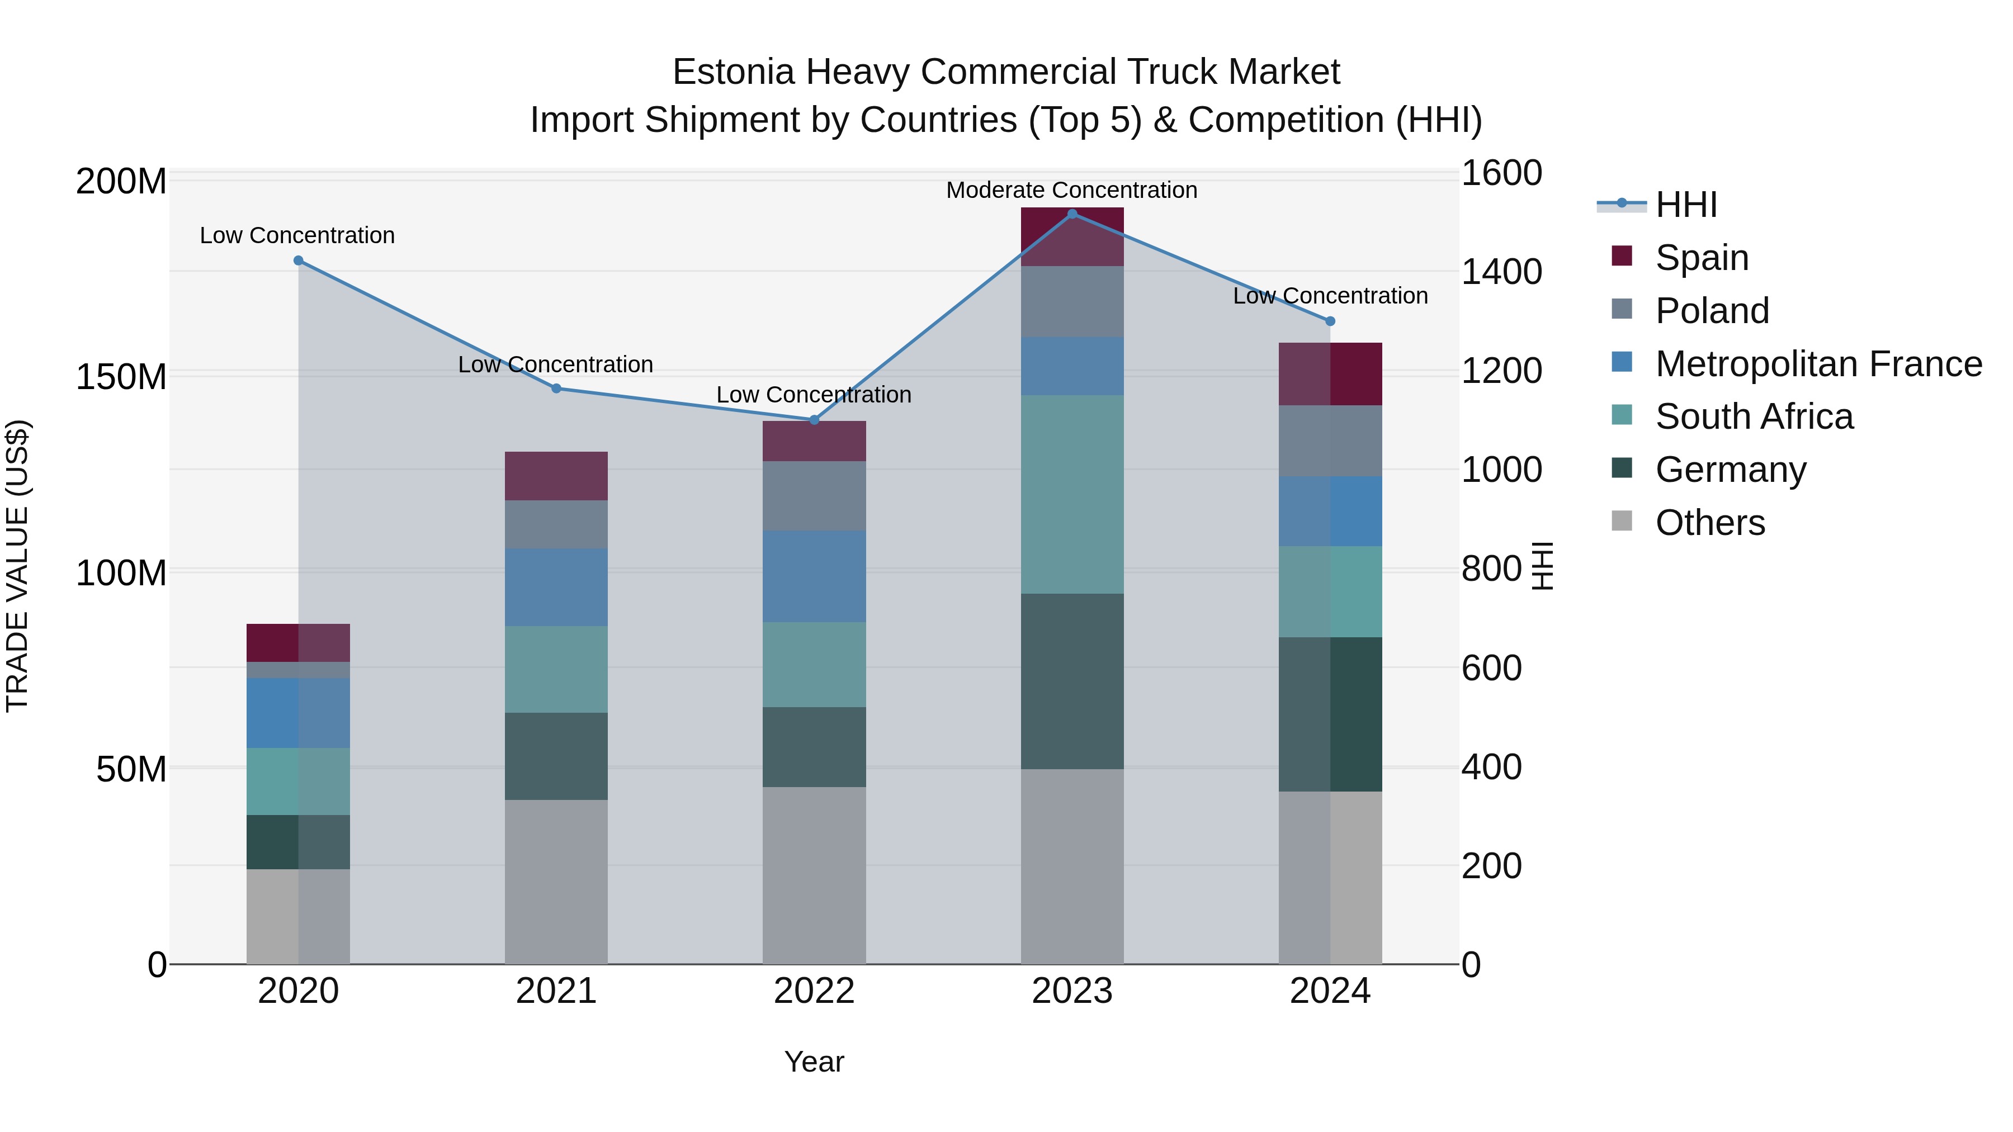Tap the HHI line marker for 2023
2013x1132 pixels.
1072,214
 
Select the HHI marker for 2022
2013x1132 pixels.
814,420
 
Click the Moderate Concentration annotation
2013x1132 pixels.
1071,191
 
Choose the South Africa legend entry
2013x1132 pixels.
1754,416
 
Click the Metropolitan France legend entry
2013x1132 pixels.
1818,364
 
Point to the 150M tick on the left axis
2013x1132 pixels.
121,377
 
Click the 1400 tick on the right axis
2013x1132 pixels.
1501,272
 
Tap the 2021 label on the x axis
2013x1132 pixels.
556,991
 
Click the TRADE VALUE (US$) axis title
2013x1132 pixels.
17,566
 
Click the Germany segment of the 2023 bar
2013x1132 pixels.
1072,681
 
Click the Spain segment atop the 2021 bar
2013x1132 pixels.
556,476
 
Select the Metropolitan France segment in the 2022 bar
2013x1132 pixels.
814,576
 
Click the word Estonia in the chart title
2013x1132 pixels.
734,73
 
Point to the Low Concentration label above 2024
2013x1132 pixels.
1330,296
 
